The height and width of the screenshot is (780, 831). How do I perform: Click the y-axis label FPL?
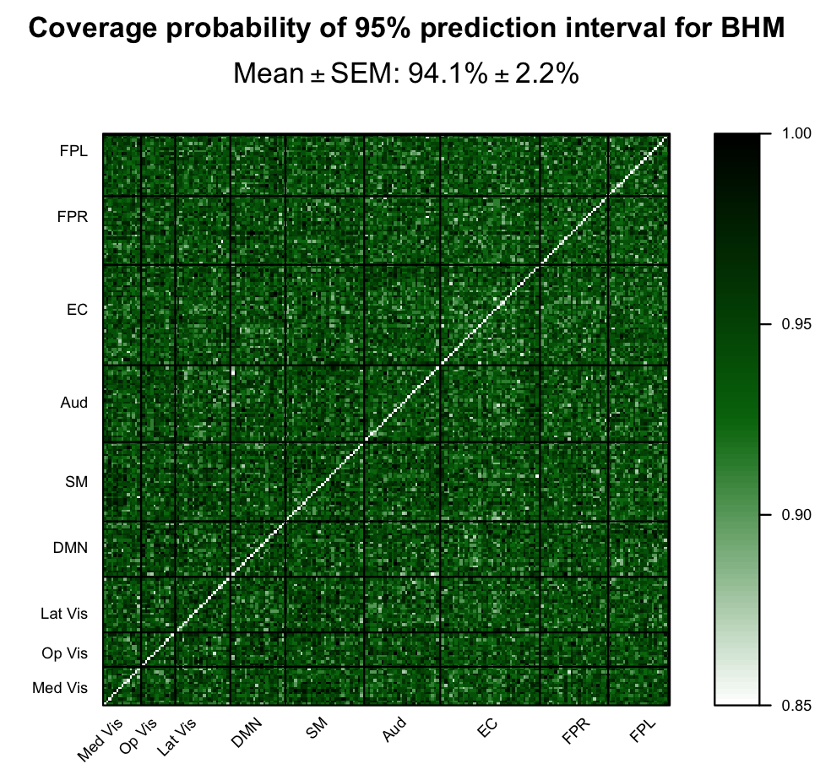73,153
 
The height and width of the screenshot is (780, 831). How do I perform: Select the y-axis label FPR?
73,217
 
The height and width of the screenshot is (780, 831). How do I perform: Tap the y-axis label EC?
77,310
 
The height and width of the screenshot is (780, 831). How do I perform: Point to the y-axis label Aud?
74,403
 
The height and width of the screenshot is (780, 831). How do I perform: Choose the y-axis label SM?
77,482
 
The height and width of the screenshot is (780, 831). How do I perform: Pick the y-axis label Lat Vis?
64,614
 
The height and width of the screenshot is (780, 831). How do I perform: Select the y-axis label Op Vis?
65,653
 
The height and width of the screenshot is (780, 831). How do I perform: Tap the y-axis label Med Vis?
60,688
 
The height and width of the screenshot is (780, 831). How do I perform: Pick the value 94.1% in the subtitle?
448,74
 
